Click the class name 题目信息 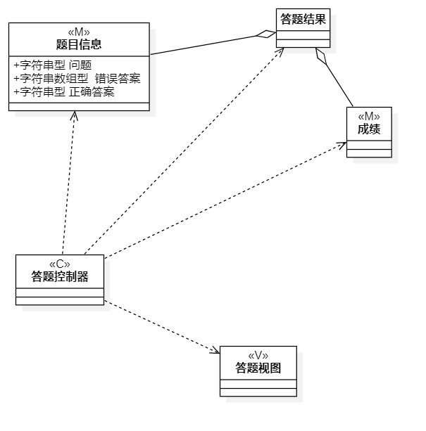[79, 44]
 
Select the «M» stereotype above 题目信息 [79, 31]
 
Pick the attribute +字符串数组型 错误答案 [77, 79]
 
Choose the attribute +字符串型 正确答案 [63, 91]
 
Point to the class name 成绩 [368, 129]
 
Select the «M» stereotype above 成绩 [368, 117]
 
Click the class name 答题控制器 [60, 276]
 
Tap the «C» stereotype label [60, 264]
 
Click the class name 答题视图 [258, 367]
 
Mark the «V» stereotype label [258, 354]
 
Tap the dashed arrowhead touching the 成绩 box [342, 145]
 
